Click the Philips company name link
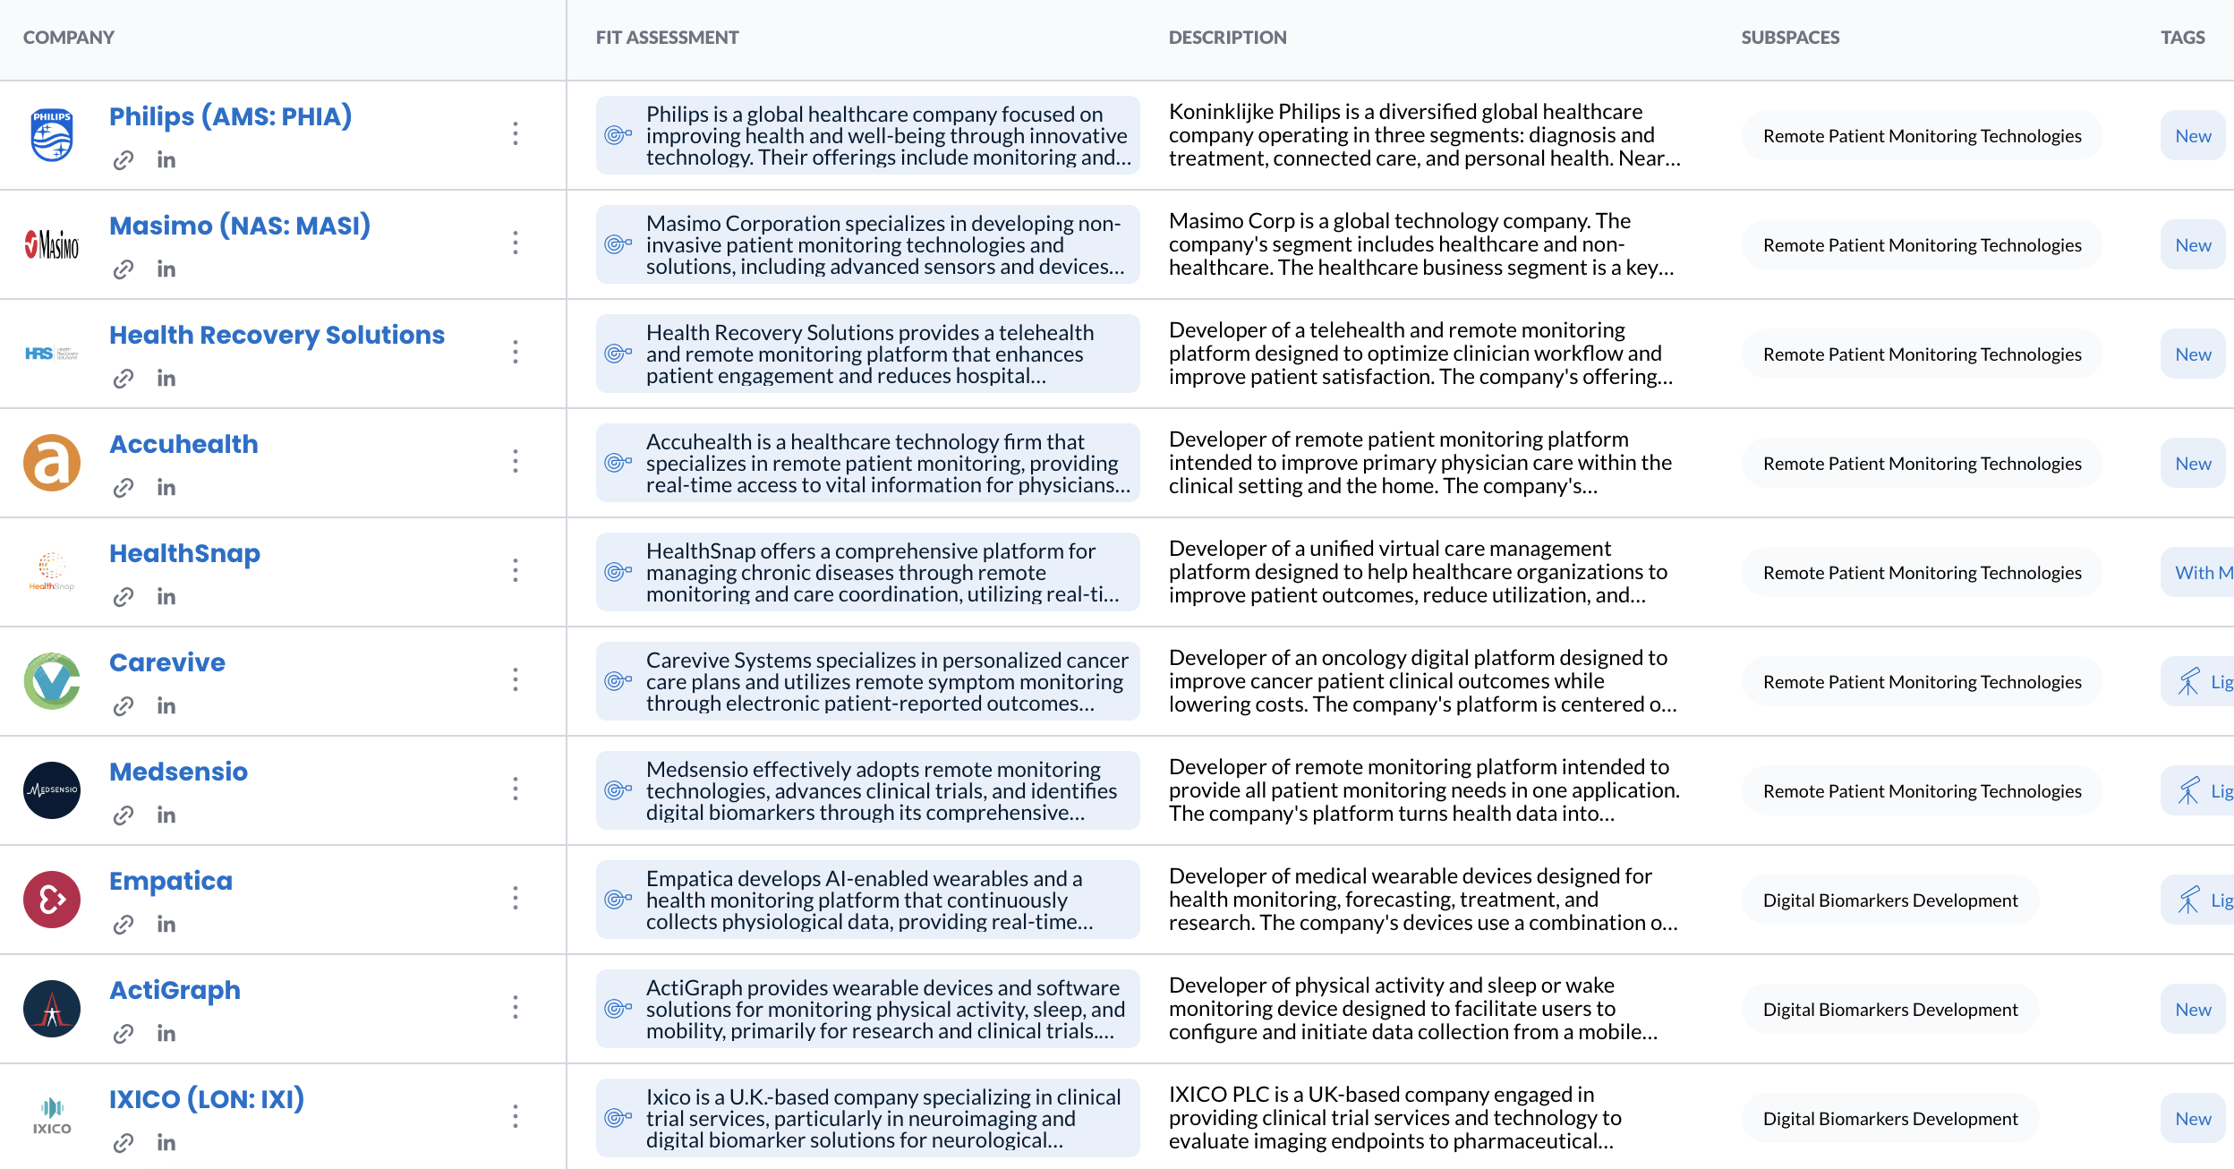pos(230,116)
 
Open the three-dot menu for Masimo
pos(516,243)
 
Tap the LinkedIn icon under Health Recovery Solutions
pos(166,379)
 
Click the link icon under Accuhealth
pos(124,488)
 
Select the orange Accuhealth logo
pos(52,463)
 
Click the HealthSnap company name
pos(184,553)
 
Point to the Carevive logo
pos(52,681)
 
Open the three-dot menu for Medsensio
pos(516,789)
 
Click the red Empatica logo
pos(52,900)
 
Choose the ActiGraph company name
pos(175,990)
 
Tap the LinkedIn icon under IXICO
pos(166,1143)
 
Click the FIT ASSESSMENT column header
pos(667,38)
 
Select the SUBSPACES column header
pos(1790,38)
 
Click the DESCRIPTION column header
pos(1227,38)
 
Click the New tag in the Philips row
pos(2193,136)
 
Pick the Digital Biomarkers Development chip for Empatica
pos(1890,900)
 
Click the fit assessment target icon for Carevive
pos(618,681)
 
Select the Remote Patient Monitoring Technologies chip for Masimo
pos(1922,245)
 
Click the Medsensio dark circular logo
pos(52,790)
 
